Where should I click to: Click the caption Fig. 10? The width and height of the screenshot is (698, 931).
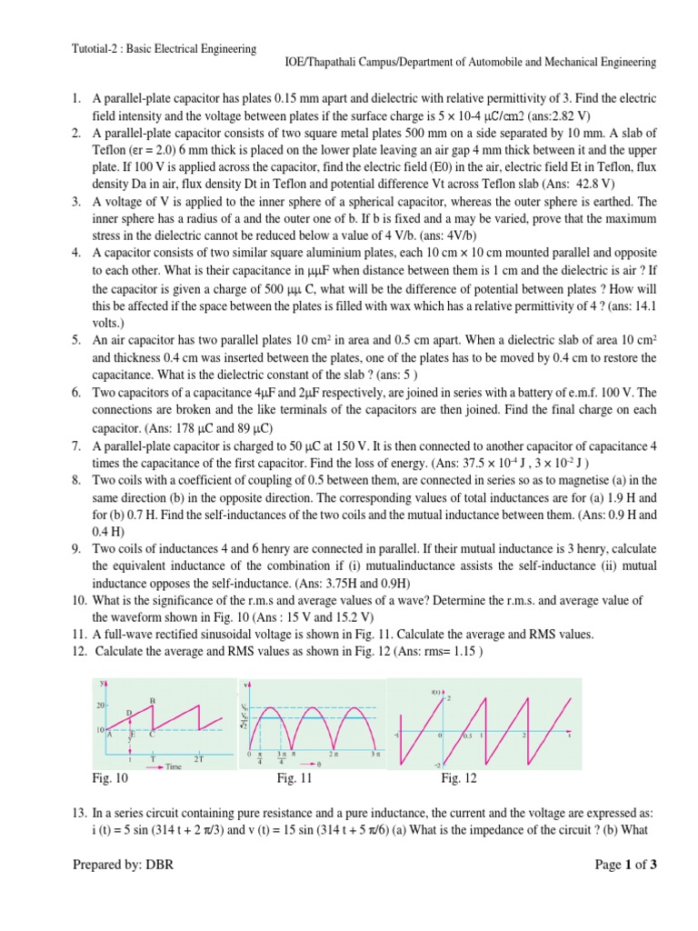111,778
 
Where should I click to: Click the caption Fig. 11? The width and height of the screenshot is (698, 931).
295,778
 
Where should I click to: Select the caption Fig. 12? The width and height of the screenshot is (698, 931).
459,778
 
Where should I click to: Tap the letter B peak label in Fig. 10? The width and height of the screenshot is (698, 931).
152,699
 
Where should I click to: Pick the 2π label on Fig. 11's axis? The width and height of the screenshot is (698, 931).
334,754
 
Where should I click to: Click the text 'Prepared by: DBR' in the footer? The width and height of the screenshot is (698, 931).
123,865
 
